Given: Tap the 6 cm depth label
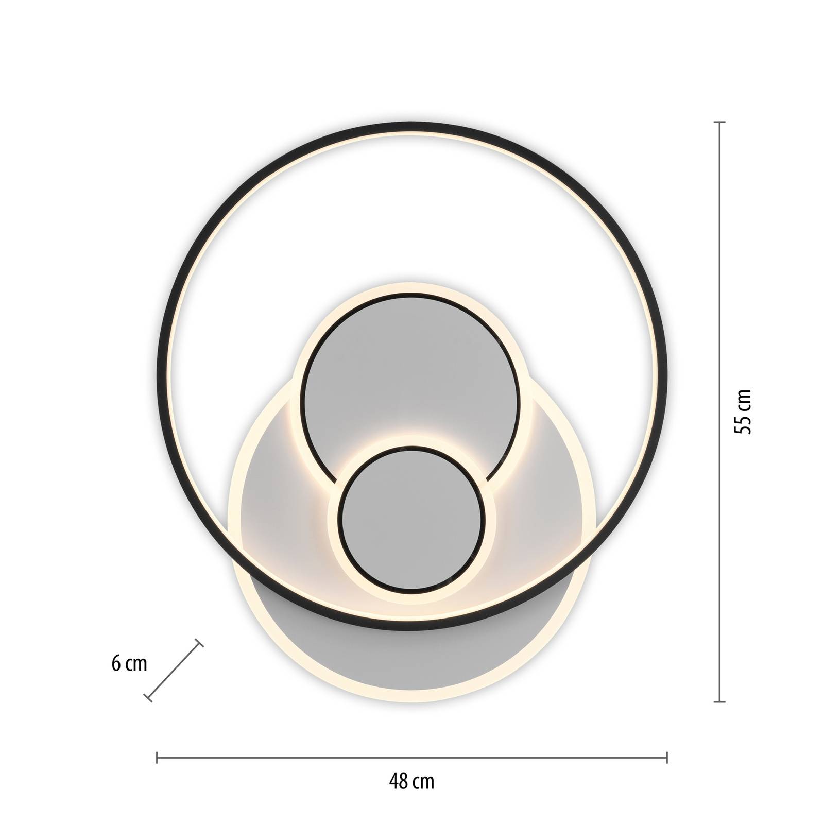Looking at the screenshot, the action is click(x=129, y=664).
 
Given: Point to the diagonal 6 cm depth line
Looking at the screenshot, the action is click(x=174, y=671).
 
